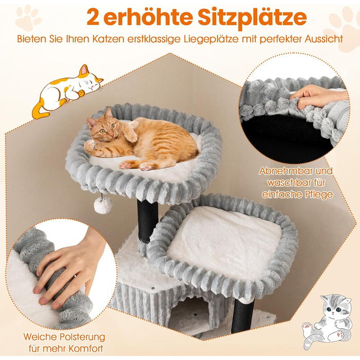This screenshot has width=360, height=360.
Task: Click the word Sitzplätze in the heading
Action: coord(252,17)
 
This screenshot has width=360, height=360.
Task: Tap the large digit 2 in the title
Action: coord(93,17)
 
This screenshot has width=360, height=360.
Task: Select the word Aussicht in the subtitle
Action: coord(323,39)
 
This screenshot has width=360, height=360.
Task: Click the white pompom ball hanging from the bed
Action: coord(103,205)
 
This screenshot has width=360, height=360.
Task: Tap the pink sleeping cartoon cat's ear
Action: coord(84,69)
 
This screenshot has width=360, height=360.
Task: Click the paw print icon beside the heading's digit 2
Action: coord(28,18)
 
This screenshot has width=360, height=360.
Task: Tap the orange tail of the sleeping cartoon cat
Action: coord(39,110)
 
